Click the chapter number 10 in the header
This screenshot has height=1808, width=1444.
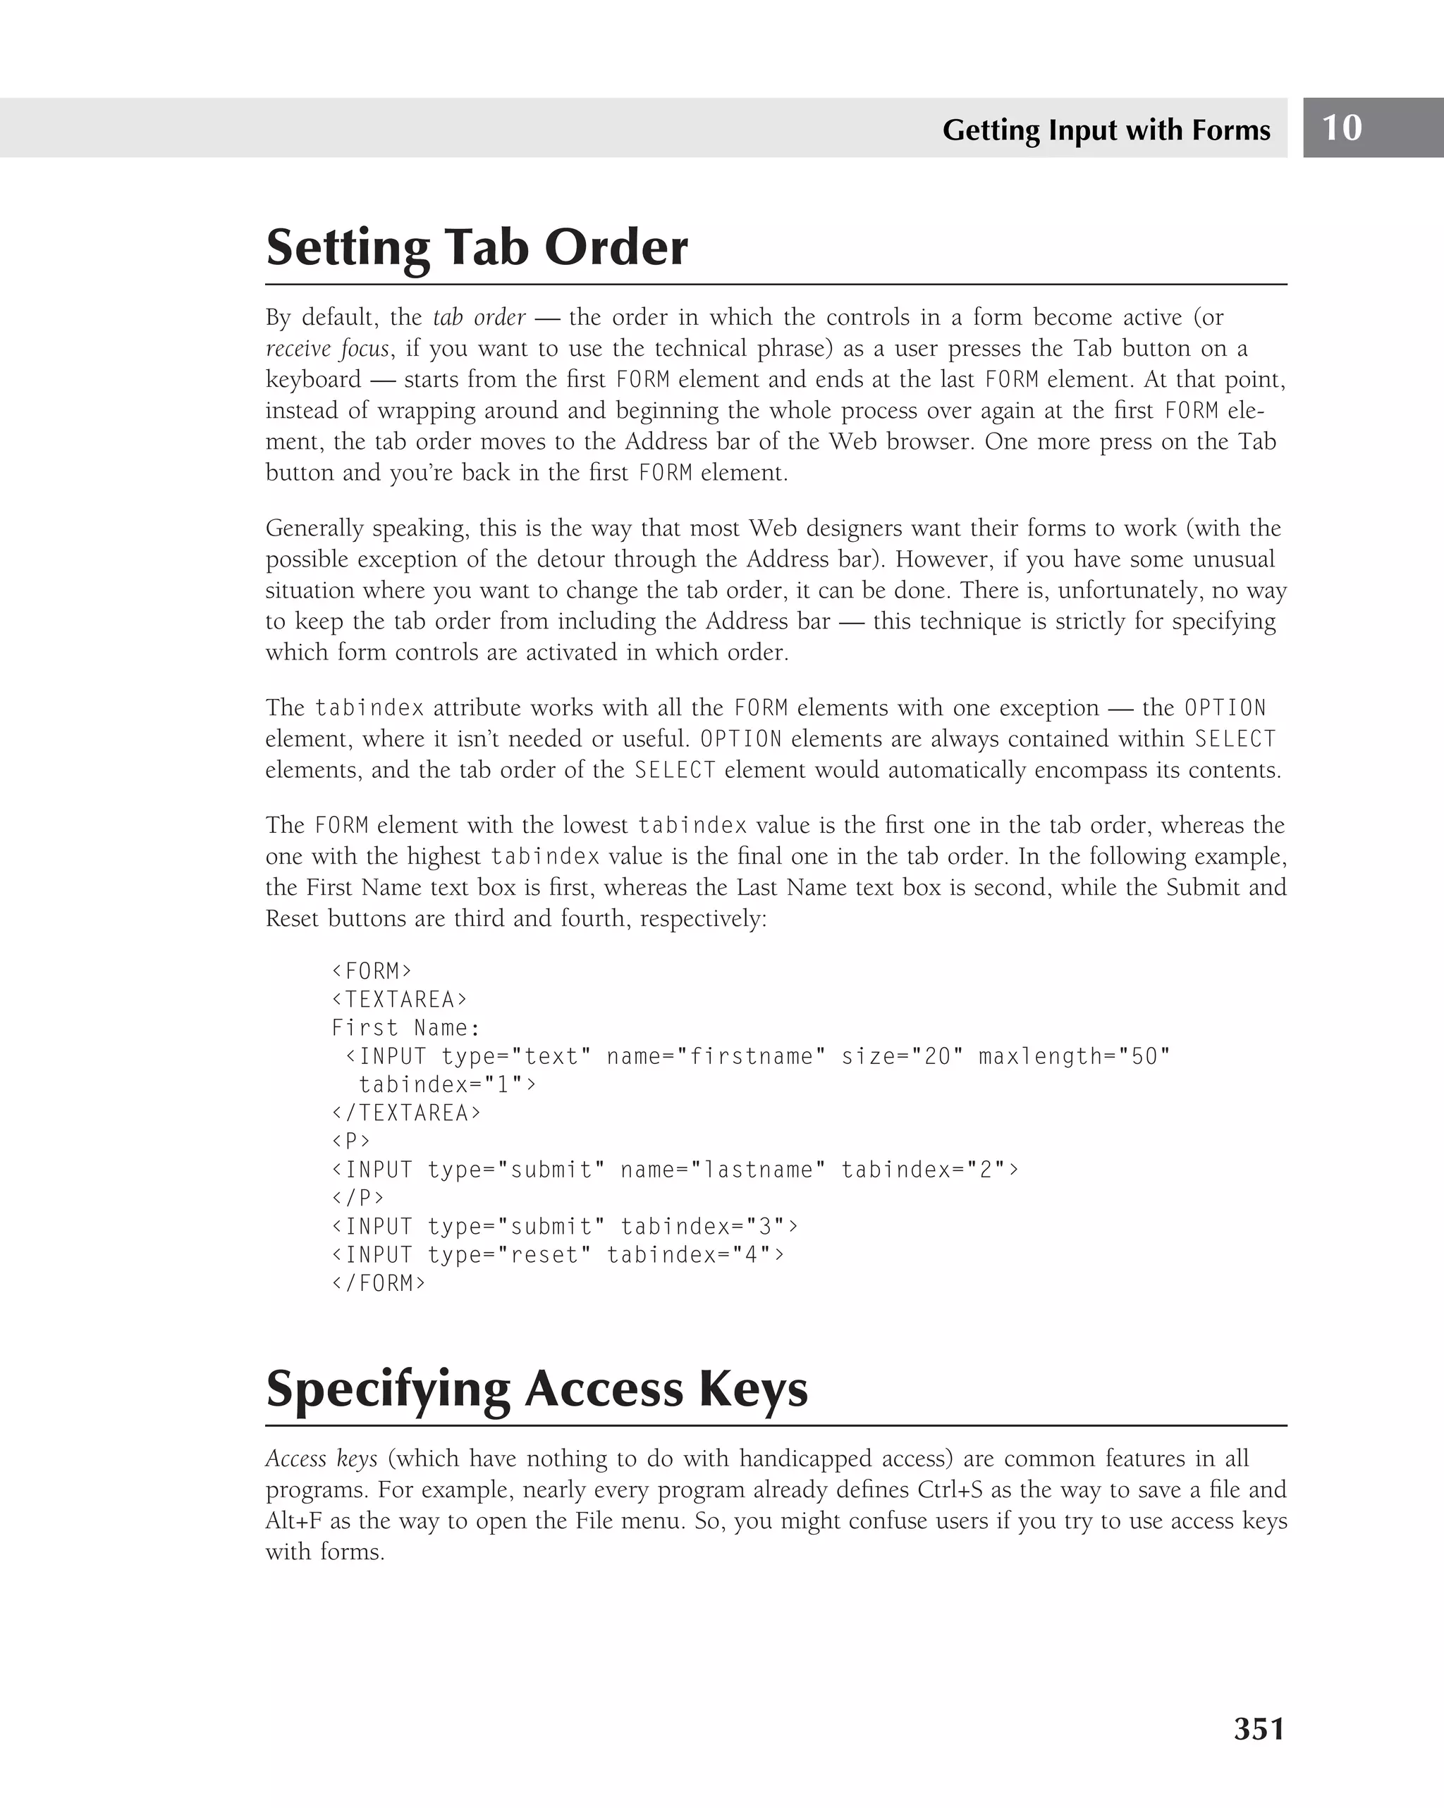click(1342, 128)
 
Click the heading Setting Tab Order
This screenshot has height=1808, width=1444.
click(477, 247)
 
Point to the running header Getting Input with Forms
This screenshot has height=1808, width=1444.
click(1106, 130)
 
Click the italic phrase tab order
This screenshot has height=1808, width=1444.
click(479, 317)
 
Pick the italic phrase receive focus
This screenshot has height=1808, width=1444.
click(327, 348)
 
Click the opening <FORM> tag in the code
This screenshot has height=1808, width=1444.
click(372, 971)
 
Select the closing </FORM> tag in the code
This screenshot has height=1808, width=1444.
click(379, 1283)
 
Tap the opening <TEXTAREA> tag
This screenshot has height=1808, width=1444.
click(399, 1000)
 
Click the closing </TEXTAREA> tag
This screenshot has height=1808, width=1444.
click(406, 1113)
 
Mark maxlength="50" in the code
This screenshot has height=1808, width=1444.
click(1073, 1057)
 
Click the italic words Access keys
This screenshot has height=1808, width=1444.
click(322, 1459)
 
